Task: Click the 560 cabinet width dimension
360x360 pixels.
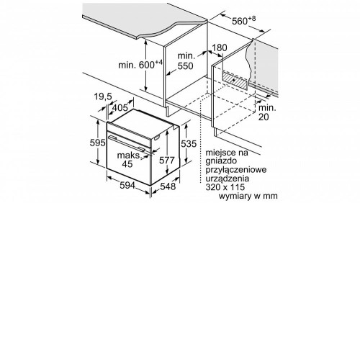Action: (243, 21)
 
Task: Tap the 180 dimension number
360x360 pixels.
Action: (219, 48)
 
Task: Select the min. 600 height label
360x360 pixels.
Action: (140, 64)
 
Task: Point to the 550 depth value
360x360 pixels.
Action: (185, 66)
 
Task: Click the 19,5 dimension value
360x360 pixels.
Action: (103, 96)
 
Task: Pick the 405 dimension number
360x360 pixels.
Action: (120, 108)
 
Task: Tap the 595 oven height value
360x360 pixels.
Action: (98, 143)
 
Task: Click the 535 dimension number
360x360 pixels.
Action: (189, 144)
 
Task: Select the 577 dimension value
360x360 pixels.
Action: (167, 160)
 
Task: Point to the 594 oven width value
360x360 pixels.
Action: (127, 185)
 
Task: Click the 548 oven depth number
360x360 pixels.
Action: (168, 186)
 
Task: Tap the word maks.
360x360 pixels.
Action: (130, 156)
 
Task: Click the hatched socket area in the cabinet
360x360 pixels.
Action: (235, 81)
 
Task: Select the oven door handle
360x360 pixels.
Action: (127, 143)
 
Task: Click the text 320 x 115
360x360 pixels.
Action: (225, 187)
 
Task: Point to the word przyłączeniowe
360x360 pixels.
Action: (236, 170)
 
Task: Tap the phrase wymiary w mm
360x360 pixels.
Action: (248, 196)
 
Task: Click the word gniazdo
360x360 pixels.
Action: (221, 161)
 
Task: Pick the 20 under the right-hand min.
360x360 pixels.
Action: (264, 117)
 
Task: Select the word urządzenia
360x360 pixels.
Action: (228, 179)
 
